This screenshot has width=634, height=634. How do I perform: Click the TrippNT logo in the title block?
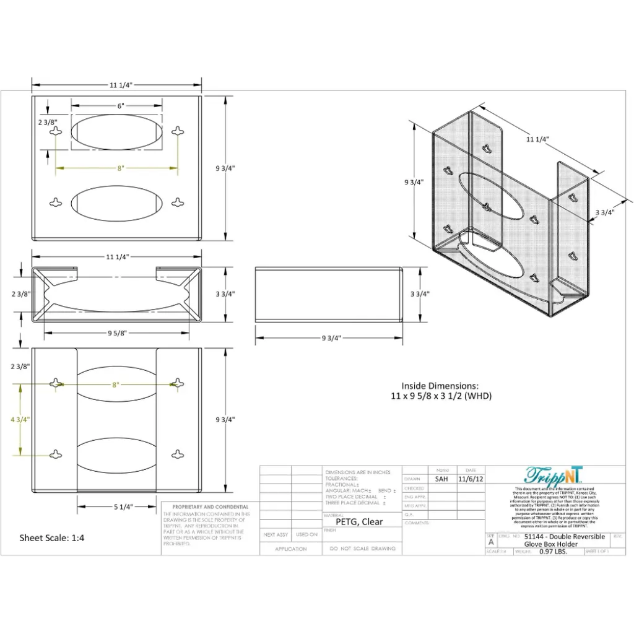[554, 475]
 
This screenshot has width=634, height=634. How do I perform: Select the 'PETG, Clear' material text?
[359, 521]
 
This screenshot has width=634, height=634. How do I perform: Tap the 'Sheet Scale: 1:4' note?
[52, 537]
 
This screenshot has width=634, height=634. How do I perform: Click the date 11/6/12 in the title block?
[471, 479]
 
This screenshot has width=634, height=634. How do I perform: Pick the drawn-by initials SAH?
[441, 479]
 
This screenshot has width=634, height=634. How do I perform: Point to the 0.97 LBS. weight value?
[553, 551]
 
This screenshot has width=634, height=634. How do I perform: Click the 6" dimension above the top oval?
[121, 106]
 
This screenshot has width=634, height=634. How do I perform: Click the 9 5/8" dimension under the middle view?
[118, 333]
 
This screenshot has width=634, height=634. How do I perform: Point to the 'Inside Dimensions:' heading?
[440, 385]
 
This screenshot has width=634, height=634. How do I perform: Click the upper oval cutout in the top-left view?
[117, 132]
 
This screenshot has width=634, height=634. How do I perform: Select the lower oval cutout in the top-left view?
[117, 202]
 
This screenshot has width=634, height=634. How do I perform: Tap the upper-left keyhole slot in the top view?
[56, 131]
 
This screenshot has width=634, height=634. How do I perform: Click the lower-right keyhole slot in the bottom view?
[178, 454]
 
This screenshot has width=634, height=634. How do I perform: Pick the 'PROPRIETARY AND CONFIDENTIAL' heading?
[206, 506]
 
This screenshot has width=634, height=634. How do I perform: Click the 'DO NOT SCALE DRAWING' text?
[362, 549]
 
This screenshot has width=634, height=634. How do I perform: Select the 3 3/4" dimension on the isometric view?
[604, 212]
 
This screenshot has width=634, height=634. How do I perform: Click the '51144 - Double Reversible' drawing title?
[564, 537]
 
